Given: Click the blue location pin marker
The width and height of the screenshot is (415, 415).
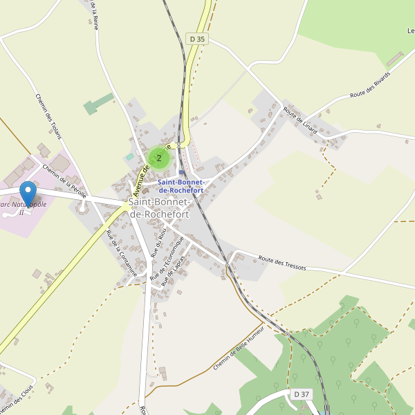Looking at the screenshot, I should coord(28,193).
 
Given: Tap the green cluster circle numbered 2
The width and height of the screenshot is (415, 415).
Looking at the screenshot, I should coord(159,158).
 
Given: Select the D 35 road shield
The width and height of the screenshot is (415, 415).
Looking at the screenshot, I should coord(197,39).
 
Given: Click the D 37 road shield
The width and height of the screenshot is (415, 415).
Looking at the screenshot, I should coord(301,394).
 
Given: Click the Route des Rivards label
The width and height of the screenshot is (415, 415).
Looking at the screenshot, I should coord(370,84).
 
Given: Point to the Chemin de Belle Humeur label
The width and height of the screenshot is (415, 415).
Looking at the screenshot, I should coord(239,348).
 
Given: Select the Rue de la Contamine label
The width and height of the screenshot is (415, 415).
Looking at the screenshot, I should coord(121,252).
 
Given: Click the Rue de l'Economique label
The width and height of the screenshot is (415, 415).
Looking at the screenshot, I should coord(167,258).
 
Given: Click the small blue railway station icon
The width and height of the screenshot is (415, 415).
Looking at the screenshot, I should coord(182,173).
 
